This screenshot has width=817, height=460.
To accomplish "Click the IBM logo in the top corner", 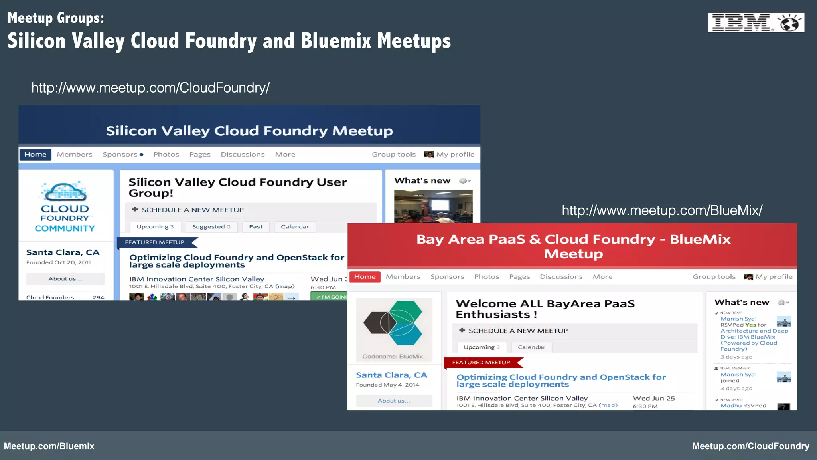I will [756, 22].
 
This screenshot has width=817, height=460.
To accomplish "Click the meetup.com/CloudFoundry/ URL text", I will [150, 88].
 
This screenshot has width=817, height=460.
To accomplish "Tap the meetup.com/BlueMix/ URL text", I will [662, 210].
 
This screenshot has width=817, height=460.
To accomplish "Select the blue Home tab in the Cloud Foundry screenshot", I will [35, 155].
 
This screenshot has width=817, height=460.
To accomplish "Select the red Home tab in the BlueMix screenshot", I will [365, 277].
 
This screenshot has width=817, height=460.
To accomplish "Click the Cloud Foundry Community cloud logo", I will [65, 206].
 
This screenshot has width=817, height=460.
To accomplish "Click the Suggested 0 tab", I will [211, 227].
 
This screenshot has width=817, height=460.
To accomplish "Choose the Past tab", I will [256, 227].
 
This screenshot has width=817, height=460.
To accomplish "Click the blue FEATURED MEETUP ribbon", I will [156, 242].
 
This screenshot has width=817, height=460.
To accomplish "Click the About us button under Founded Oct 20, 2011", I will [65, 279].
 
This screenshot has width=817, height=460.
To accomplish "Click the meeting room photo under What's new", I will [433, 206].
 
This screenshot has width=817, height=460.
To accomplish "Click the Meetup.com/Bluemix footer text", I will [49, 446].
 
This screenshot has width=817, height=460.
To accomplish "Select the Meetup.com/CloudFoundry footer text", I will [750, 446].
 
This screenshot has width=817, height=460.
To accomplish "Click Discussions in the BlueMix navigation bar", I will [561, 277].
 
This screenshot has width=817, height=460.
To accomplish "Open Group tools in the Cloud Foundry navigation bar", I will [394, 155].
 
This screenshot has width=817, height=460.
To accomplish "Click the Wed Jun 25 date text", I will [653, 398].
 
